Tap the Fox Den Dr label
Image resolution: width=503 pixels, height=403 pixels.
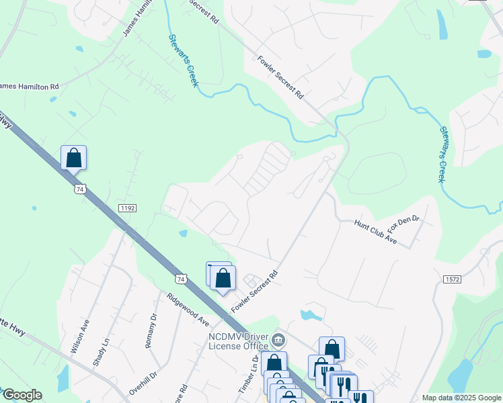pyautogui.click(x=403, y=219)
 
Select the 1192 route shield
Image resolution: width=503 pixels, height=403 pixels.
pyautogui.click(x=128, y=208)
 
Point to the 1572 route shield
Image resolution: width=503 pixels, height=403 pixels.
pyautogui.click(x=452, y=278)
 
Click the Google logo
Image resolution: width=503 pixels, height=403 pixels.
pyautogui.click(x=22, y=395)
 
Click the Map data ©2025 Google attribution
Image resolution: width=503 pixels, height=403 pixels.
pyautogui.click(x=461, y=398)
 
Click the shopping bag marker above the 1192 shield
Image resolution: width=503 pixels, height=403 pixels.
pyautogui.click(x=74, y=158)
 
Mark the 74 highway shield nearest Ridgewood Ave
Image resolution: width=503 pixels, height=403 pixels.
pyautogui.click(x=180, y=278)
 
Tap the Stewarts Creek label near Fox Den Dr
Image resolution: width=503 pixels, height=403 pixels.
pyautogui.click(x=442, y=154)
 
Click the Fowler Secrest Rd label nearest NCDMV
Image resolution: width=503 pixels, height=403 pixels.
pyautogui.click(x=255, y=291)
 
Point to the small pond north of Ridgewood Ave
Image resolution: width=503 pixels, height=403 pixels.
pyautogui.click(x=183, y=234)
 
